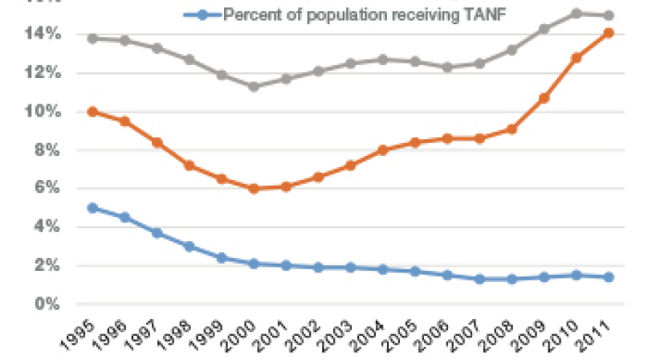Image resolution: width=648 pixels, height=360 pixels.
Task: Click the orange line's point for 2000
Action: coord(254,189)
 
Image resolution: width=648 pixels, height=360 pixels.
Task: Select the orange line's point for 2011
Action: coord(609,33)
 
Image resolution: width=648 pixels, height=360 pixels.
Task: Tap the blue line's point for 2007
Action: coord(479,279)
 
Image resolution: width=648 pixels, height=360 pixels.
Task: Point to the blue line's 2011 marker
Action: coord(609,277)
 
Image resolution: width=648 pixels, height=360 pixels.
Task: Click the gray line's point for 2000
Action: coord(254,87)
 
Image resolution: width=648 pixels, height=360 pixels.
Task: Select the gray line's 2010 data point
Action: coord(576,14)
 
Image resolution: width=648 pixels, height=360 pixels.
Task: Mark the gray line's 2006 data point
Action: coord(447,67)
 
